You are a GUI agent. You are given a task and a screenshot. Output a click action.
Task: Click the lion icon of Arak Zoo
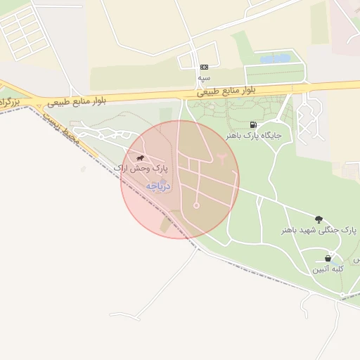[x=141, y=158]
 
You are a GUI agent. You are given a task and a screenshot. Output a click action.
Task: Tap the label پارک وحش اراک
[x=141, y=169]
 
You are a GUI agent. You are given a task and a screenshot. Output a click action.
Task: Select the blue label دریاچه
[x=159, y=186]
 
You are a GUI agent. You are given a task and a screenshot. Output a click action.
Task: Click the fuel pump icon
[x=253, y=124]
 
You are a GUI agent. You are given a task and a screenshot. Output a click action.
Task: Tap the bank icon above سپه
[x=204, y=66]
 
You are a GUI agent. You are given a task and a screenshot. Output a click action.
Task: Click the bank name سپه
[x=204, y=76]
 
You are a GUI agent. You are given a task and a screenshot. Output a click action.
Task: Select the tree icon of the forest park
[x=319, y=219]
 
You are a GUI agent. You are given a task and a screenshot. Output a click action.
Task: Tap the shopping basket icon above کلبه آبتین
[x=328, y=258]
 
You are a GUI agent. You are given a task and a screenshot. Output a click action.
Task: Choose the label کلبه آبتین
[x=328, y=269]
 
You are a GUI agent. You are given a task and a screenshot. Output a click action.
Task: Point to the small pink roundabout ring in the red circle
[x=196, y=205]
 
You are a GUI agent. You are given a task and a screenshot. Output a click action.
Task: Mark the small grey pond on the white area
[x=84, y=169]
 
